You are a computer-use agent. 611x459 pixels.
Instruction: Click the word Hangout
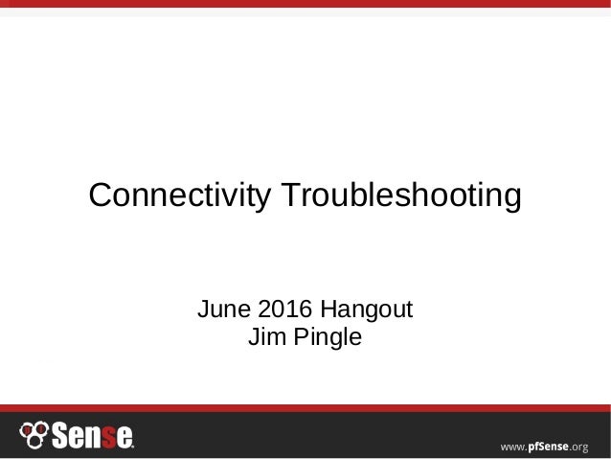coord(368,312)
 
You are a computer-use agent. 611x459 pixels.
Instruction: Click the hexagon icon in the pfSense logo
coord(34,434)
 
